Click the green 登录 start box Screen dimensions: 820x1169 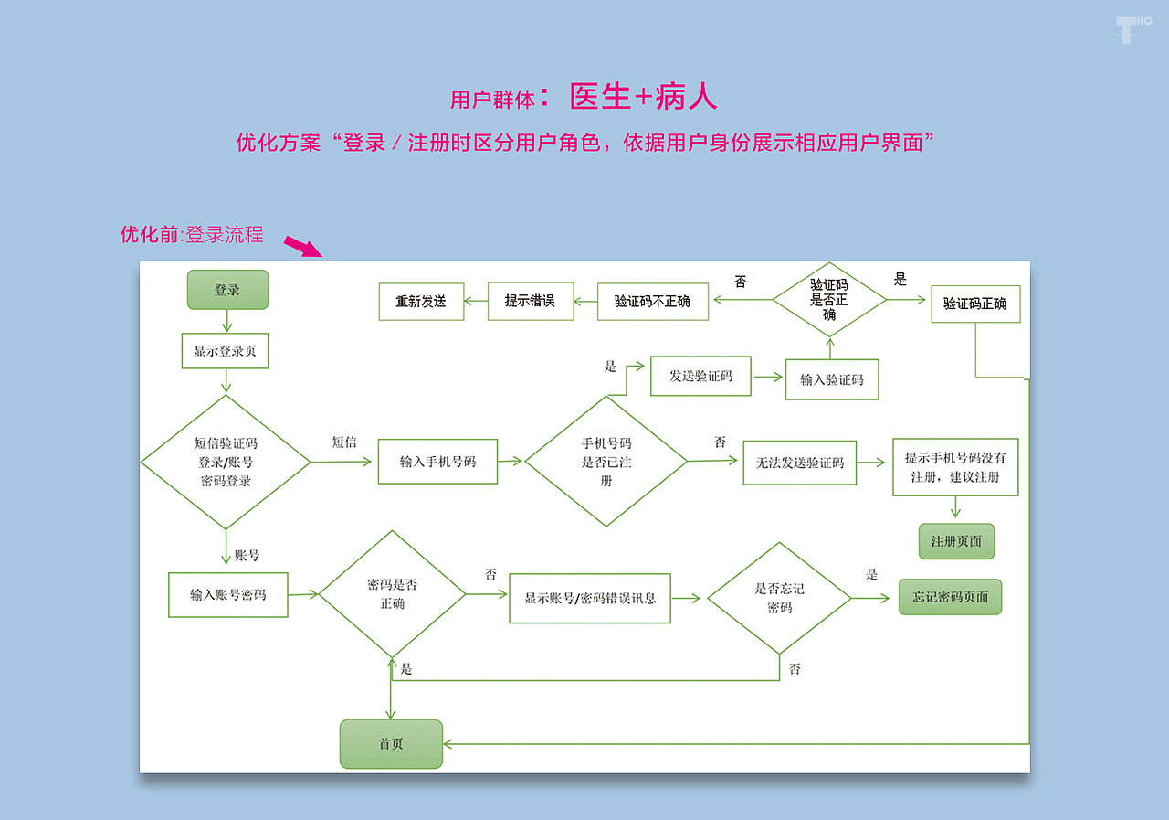click(x=227, y=290)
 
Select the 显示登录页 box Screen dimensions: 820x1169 click(x=225, y=351)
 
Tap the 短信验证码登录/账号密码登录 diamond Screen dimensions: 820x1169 click(x=226, y=463)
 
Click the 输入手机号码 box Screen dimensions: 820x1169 click(x=438, y=462)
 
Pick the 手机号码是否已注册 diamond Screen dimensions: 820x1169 click(x=606, y=462)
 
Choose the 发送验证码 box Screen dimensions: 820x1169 click(x=700, y=376)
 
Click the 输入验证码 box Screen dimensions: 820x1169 click(x=832, y=379)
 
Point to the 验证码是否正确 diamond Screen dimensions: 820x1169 click(x=829, y=299)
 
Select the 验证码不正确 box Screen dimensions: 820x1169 click(x=653, y=301)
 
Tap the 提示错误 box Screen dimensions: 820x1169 click(x=530, y=301)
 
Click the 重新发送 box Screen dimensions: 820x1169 click(x=421, y=301)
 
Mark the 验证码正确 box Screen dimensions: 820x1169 click(x=975, y=304)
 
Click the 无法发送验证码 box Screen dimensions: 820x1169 click(x=800, y=463)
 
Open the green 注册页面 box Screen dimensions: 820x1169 click(x=956, y=541)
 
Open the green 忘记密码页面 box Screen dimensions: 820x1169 click(x=950, y=597)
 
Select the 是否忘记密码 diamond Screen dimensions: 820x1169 click(x=779, y=598)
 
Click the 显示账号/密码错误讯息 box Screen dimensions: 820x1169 click(x=590, y=599)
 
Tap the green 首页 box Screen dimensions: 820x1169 click(x=391, y=744)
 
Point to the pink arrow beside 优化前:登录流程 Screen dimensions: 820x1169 click(x=303, y=246)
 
